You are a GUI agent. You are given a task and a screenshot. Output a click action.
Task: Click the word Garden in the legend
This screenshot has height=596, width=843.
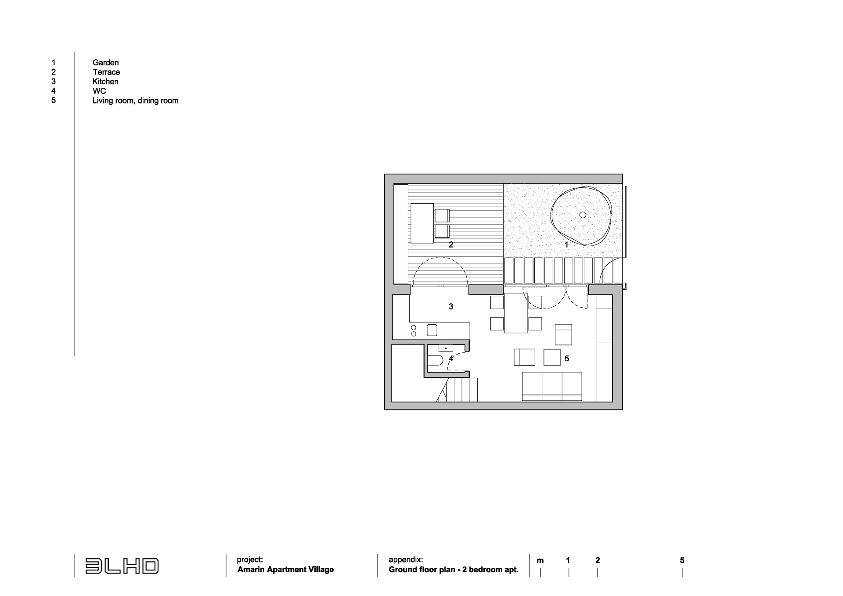(x=105, y=63)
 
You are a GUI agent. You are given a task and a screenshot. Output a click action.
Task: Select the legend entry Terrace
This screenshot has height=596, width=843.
(x=106, y=72)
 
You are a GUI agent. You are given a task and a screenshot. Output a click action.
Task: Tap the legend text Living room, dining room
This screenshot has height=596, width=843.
(x=135, y=101)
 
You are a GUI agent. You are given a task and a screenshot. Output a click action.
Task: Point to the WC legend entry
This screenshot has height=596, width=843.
(x=99, y=91)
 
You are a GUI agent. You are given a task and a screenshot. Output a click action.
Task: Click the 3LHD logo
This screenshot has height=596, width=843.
(x=122, y=566)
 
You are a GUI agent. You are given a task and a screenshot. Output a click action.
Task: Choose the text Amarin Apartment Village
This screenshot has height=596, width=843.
(x=285, y=570)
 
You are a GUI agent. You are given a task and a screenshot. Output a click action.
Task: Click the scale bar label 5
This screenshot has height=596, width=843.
(x=682, y=560)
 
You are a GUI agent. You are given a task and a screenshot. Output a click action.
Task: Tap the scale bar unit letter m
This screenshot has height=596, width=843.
(x=540, y=561)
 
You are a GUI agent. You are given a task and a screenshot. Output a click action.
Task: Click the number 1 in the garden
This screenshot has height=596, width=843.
(x=566, y=245)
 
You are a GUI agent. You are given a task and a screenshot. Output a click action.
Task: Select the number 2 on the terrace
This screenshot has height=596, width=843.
(x=451, y=245)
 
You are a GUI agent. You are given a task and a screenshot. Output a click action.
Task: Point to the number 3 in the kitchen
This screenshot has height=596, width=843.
(x=451, y=307)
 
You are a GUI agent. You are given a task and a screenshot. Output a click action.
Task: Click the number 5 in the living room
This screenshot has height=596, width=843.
(x=567, y=359)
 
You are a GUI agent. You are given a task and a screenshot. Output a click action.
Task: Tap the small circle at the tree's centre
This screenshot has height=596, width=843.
(x=583, y=215)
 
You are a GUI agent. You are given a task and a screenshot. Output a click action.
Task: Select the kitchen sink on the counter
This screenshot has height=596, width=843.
(x=125, y=330)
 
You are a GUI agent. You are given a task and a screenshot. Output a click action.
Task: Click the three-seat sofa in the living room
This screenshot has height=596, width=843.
(x=552, y=387)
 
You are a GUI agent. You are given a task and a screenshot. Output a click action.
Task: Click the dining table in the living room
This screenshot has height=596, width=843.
(x=516, y=313)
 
